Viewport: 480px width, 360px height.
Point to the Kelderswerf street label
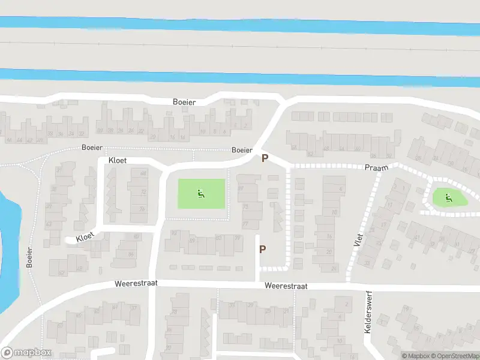click(x=367, y=314)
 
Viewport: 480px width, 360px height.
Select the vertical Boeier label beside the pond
click(x=29, y=257)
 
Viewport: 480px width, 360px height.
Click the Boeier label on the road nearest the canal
click(x=184, y=103)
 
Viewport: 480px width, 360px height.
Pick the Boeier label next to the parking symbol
click(x=242, y=150)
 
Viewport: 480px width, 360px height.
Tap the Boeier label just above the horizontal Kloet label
click(x=92, y=148)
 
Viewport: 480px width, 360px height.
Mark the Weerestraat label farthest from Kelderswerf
click(x=136, y=282)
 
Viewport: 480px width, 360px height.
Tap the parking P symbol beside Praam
click(x=264, y=158)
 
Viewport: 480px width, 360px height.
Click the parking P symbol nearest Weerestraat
click(x=262, y=249)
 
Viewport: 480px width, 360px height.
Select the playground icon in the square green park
click(x=201, y=194)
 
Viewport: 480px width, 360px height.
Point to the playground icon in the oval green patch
click(x=448, y=196)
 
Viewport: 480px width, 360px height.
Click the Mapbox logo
click(x=26, y=353)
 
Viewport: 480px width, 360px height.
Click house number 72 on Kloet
click(x=143, y=191)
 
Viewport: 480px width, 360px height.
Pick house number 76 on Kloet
click(x=142, y=209)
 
